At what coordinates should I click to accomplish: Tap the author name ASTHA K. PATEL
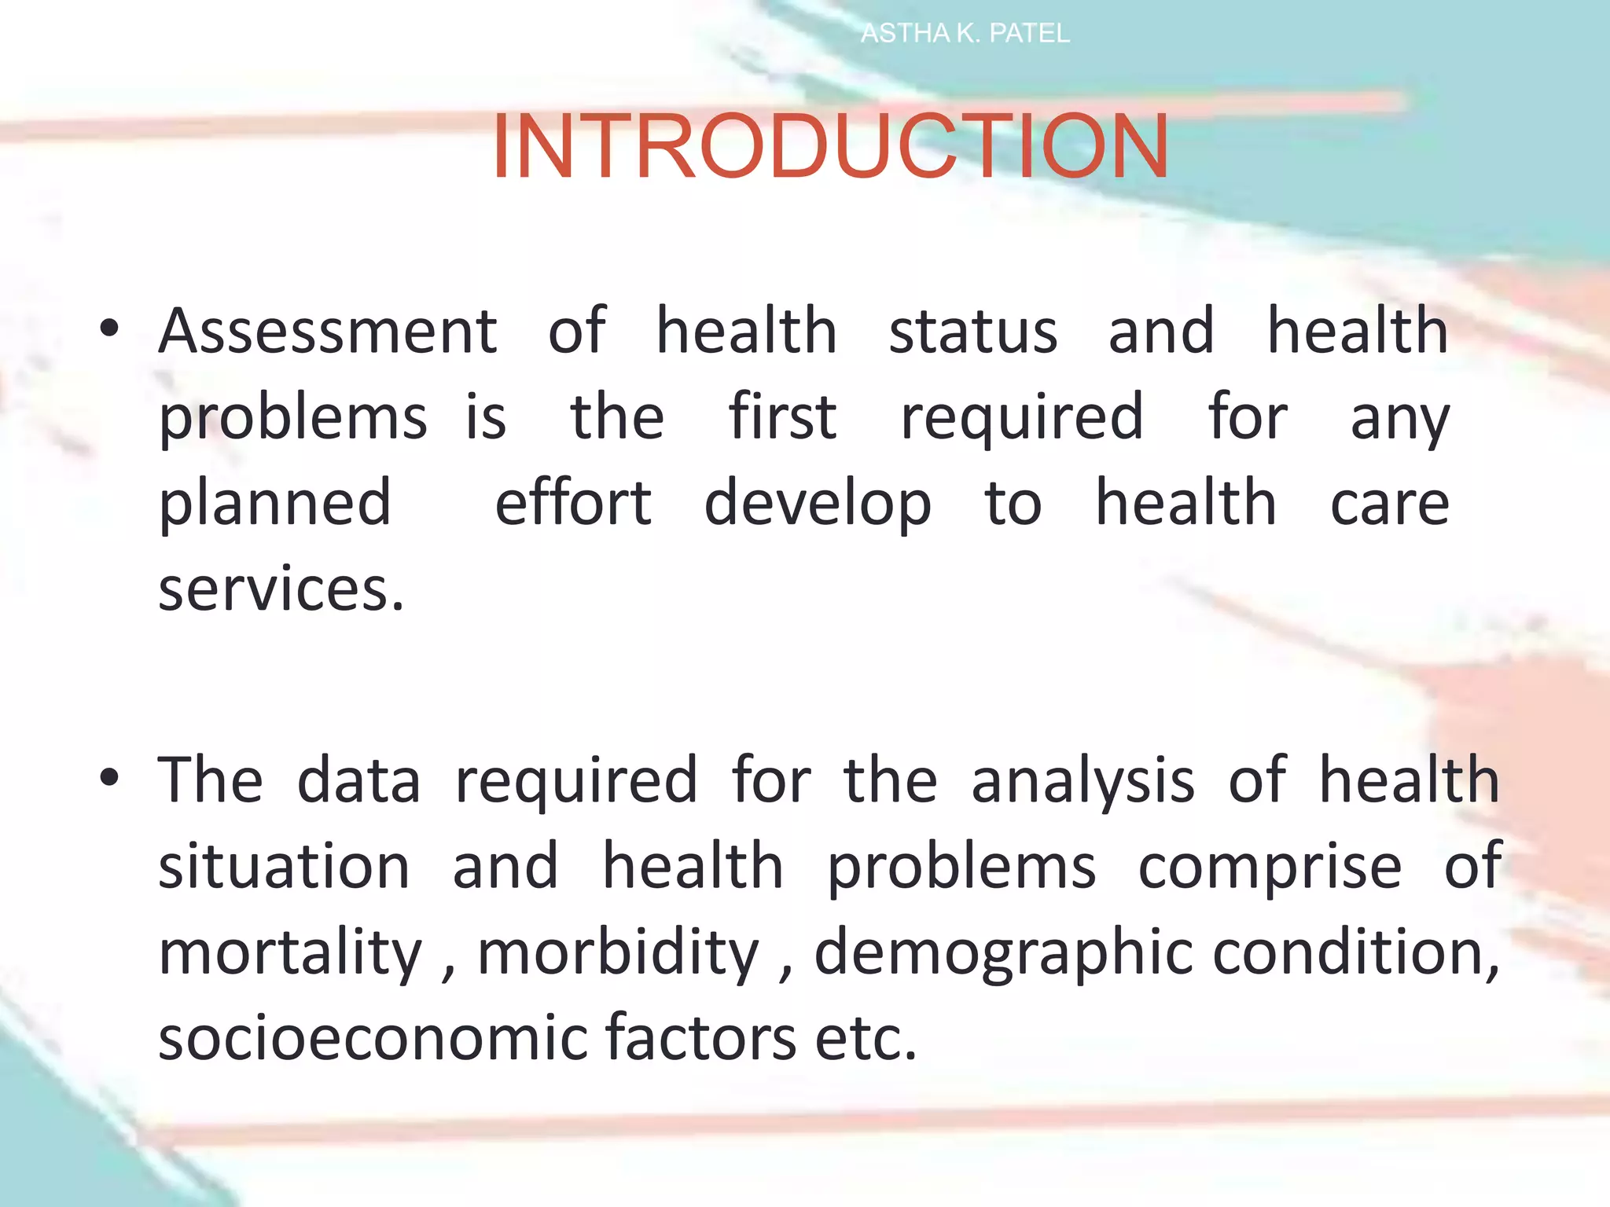click(x=965, y=34)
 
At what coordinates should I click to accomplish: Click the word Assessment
click(x=328, y=331)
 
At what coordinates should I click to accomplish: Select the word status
click(x=973, y=331)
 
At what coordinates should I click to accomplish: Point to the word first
click(x=782, y=416)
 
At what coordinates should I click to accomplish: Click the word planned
click(x=275, y=503)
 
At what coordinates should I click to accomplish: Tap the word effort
click(x=573, y=503)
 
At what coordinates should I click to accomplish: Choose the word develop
click(x=818, y=503)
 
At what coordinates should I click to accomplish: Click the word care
click(x=1389, y=503)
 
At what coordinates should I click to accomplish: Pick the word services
click(x=281, y=589)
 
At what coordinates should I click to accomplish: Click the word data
click(x=359, y=780)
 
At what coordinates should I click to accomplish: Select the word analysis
click(x=1083, y=780)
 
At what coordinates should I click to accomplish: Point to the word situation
click(x=284, y=866)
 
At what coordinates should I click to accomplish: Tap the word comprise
click(x=1270, y=866)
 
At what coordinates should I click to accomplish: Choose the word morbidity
click(x=619, y=952)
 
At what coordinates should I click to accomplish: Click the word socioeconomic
click(x=372, y=1038)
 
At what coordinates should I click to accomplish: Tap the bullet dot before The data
click(x=109, y=778)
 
